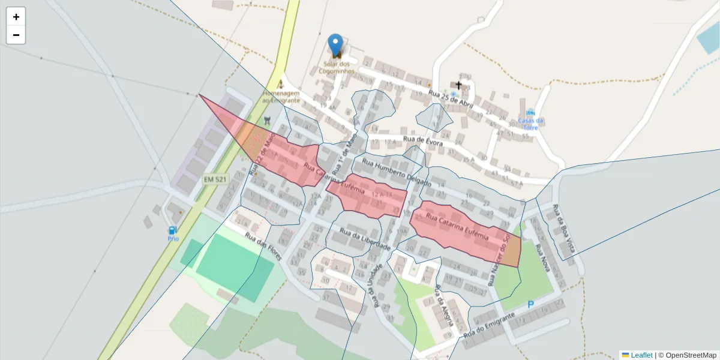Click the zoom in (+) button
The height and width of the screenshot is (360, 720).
coord(16,17)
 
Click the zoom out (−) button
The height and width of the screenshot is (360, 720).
coord(16,35)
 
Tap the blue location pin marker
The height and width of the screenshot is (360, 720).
coord(335,44)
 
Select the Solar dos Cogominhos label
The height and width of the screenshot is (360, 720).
coord(336,67)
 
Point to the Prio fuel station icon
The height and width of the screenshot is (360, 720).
coord(173,230)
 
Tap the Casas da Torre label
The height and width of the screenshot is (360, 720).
coord(530,124)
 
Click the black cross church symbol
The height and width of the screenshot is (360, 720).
coord(459,85)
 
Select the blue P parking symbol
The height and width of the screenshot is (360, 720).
coord(530,305)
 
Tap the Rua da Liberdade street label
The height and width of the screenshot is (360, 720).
coord(365,239)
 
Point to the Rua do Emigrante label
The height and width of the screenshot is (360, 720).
coord(489,325)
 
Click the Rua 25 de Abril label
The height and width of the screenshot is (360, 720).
coord(451,100)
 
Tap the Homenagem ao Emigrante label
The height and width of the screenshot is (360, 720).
coord(280,97)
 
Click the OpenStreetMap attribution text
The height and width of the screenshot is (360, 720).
coord(691,355)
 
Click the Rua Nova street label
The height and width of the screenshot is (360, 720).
coord(542,257)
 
